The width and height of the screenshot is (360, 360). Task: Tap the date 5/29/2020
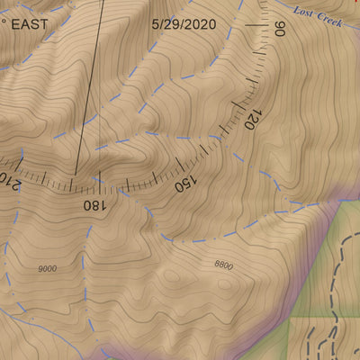(184, 23)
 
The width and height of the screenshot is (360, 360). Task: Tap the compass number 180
(93, 204)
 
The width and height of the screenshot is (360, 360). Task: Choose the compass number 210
(7, 180)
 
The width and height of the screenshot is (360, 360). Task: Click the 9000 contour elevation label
(48, 268)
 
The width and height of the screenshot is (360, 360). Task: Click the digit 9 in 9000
(40, 268)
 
